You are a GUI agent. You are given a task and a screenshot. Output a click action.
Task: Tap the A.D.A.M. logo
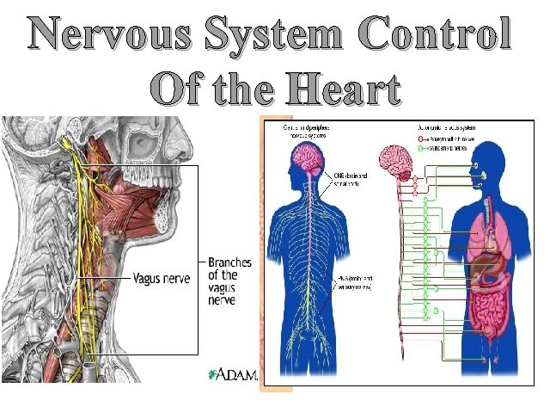point(234,374)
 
